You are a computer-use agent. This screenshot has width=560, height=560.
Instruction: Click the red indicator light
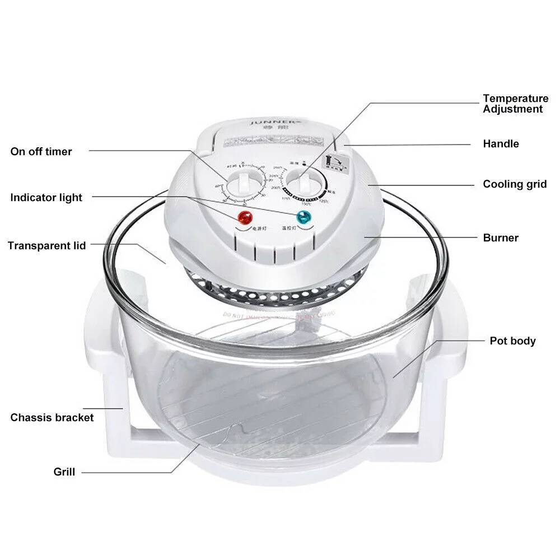[245, 218]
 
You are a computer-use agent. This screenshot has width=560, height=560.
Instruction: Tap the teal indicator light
[304, 218]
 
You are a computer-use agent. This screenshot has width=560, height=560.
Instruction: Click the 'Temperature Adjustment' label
[515, 104]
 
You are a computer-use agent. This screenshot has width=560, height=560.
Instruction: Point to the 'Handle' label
[501, 144]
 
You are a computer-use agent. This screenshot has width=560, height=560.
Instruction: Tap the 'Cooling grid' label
[515, 184]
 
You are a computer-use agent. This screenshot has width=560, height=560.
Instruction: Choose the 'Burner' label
[501, 238]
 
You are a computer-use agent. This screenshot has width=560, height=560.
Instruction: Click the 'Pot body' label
[512, 341]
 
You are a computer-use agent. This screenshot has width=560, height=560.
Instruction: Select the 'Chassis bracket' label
[52, 418]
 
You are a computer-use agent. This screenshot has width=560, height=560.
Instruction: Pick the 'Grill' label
[64, 472]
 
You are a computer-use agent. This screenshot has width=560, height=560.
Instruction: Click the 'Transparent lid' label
[47, 246]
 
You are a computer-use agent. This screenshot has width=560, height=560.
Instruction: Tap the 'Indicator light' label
[46, 198]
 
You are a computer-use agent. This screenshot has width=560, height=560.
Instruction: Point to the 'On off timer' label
[41, 152]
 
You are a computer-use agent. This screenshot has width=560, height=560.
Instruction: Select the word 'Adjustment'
[513, 109]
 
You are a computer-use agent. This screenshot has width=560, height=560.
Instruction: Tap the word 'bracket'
[73, 418]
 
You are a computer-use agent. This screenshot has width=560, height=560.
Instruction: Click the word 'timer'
[58, 152]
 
